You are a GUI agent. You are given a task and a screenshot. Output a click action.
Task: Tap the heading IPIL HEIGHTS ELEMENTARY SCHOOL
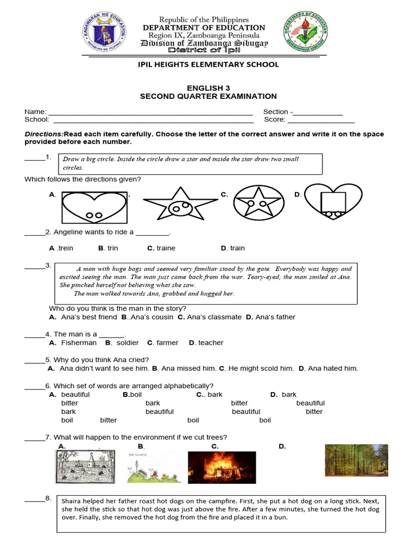(x=209, y=65)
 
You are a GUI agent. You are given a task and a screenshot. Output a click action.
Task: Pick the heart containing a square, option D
(x=332, y=204)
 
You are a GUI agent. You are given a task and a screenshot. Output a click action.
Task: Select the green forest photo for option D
(x=356, y=460)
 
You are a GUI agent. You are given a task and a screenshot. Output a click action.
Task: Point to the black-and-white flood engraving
(x=84, y=467)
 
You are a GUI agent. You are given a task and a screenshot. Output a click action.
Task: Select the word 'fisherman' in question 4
(x=79, y=343)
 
